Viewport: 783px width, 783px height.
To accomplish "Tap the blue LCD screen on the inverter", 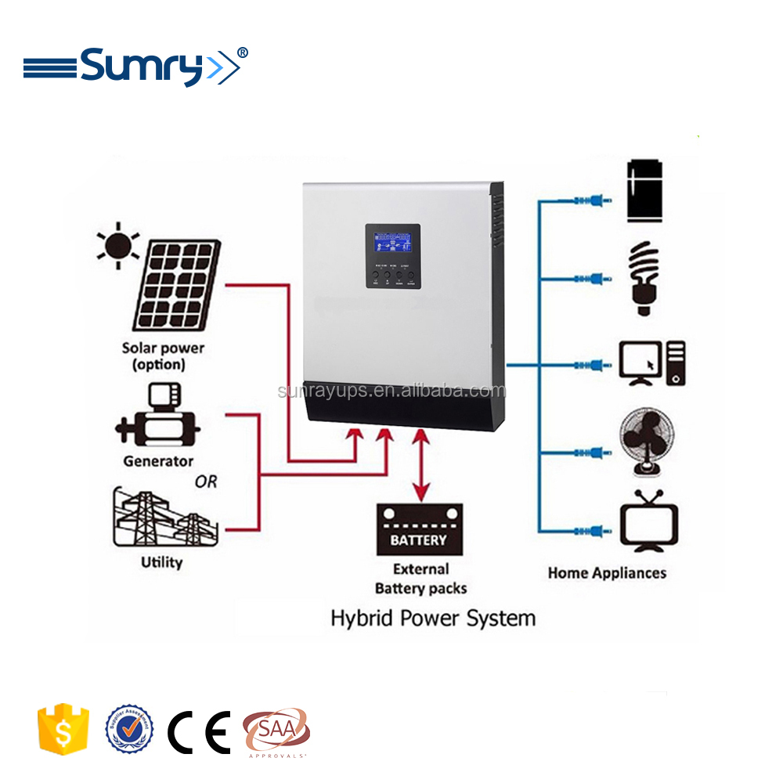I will [393, 245].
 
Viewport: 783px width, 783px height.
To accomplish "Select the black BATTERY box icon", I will [419, 529].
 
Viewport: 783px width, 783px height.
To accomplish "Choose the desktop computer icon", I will [652, 363].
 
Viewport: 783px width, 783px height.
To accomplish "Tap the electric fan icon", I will [648, 442].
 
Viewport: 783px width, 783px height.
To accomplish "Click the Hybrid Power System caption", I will [433, 618].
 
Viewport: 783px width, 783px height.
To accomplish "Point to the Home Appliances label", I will [607, 573].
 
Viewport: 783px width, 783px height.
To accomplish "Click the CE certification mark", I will [199, 731].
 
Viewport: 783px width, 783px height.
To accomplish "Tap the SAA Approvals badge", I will [276, 732].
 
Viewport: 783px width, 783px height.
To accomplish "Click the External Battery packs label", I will [420, 579].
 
